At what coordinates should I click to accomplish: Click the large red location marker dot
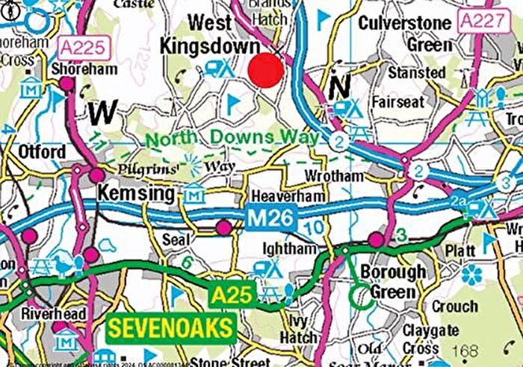(266, 70)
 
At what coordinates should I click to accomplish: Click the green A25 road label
(232, 295)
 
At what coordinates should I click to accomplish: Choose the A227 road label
(480, 20)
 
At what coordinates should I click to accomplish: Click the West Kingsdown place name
(208, 34)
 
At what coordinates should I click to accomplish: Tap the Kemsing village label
(136, 194)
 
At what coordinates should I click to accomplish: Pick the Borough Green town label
(393, 282)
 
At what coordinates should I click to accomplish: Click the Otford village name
(43, 152)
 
